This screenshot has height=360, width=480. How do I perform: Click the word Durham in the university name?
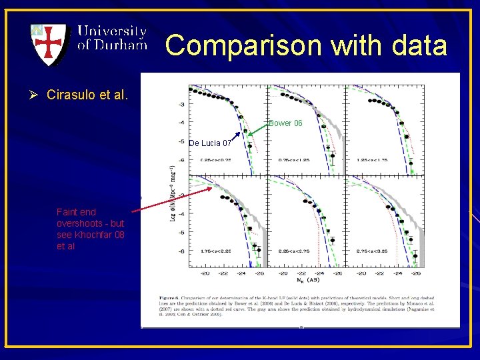[x=121, y=45]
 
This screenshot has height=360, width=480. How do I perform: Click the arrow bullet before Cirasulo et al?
[x=32, y=95]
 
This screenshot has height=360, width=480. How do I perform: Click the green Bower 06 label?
[x=285, y=123]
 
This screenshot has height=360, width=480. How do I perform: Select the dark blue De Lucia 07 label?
[x=210, y=143]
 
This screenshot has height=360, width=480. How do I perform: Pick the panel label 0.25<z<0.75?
[x=217, y=160]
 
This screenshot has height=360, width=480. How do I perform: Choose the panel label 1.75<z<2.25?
[x=217, y=252]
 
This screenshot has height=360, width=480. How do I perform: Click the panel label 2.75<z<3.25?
[x=373, y=252]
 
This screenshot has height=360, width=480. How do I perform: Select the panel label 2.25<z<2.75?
[x=295, y=252]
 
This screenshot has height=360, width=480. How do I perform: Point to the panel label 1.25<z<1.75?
[x=373, y=160]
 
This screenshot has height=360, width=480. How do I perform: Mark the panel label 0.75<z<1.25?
[x=295, y=160]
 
